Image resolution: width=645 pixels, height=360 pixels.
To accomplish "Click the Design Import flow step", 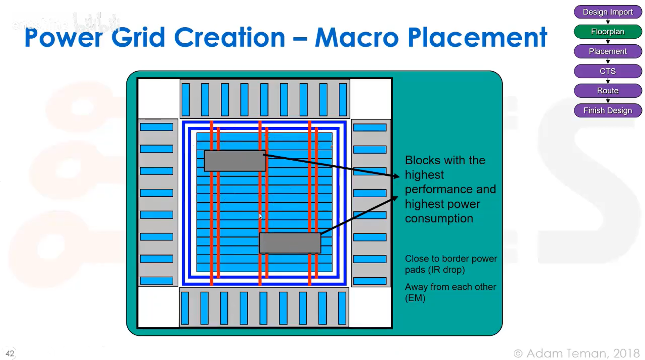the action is pyautogui.click(x=608, y=12).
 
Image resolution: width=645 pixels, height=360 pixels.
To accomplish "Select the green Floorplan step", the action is pyautogui.click(x=608, y=32).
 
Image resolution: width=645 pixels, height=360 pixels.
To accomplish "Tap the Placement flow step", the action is pyautogui.click(x=608, y=51).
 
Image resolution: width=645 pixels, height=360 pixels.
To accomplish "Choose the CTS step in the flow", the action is pyautogui.click(x=608, y=71).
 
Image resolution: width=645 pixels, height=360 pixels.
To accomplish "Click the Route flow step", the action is pyautogui.click(x=608, y=91).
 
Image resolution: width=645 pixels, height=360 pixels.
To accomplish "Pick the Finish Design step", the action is pyautogui.click(x=608, y=111).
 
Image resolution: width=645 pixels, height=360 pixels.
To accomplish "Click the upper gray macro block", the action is pyautogui.click(x=235, y=161).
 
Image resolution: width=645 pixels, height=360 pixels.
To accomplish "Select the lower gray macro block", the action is pyautogui.click(x=290, y=243).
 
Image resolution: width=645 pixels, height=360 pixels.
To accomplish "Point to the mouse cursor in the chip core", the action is pyautogui.click(x=261, y=216).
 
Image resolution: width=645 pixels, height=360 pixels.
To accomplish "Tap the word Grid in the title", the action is pyautogui.click(x=138, y=38).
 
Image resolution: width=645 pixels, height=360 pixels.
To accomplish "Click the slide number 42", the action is pyautogui.click(x=10, y=354).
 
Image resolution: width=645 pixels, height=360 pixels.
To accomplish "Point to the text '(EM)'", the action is pyautogui.click(x=415, y=298).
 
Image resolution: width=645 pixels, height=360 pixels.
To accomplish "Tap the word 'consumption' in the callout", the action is pyautogui.click(x=439, y=218).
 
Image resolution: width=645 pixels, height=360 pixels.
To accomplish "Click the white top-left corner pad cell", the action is pyautogui.click(x=159, y=98).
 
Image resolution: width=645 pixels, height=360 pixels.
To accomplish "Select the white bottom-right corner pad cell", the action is pyautogui.click(x=370, y=307).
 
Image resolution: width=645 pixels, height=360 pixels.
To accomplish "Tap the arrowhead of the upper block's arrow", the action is pyautogui.click(x=396, y=176).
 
